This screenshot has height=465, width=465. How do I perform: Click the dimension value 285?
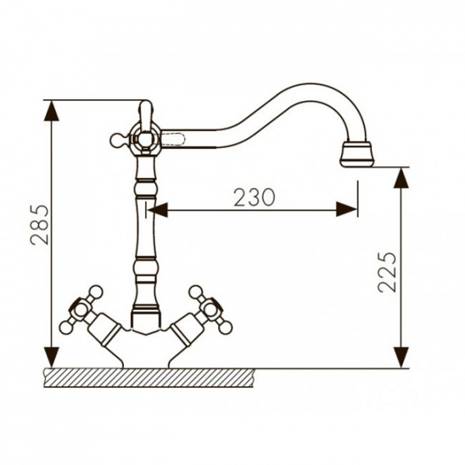(40, 225)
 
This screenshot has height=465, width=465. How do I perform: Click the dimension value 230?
(254, 197)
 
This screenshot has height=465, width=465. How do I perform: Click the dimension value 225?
(387, 272)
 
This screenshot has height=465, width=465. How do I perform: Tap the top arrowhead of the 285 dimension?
(51, 111)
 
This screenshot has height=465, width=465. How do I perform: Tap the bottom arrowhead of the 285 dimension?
(51, 358)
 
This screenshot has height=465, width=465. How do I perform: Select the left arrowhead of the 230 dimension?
(158, 210)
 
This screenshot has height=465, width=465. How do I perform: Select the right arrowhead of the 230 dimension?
(346, 210)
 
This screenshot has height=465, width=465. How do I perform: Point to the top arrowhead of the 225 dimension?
(401, 178)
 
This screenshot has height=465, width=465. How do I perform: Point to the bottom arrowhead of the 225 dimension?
(401, 358)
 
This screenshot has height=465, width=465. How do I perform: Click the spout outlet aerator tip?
(357, 154)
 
